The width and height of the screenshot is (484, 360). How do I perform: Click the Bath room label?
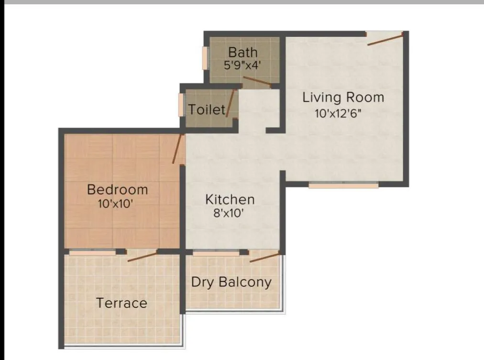click(242, 52)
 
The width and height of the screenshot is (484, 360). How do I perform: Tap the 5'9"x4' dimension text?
click(242, 65)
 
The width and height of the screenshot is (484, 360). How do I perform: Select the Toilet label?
click(207, 109)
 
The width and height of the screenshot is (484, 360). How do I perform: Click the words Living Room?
click(343, 98)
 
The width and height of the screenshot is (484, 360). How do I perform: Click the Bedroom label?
click(117, 189)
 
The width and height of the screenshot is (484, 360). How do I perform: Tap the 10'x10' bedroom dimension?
click(115, 203)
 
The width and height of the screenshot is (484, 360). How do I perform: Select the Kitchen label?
click(230, 199)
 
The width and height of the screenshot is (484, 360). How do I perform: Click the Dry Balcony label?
click(231, 282)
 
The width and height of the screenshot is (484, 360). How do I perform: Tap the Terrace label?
click(121, 303)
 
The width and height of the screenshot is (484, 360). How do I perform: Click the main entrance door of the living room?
click(385, 39)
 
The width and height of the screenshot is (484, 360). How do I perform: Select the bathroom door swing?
click(257, 81)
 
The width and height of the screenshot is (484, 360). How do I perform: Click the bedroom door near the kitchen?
click(178, 149)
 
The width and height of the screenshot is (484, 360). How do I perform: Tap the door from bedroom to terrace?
click(143, 256)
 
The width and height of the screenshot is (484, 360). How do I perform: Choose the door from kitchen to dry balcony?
click(265, 257)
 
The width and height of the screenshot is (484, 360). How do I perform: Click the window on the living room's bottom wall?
click(343, 185)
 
